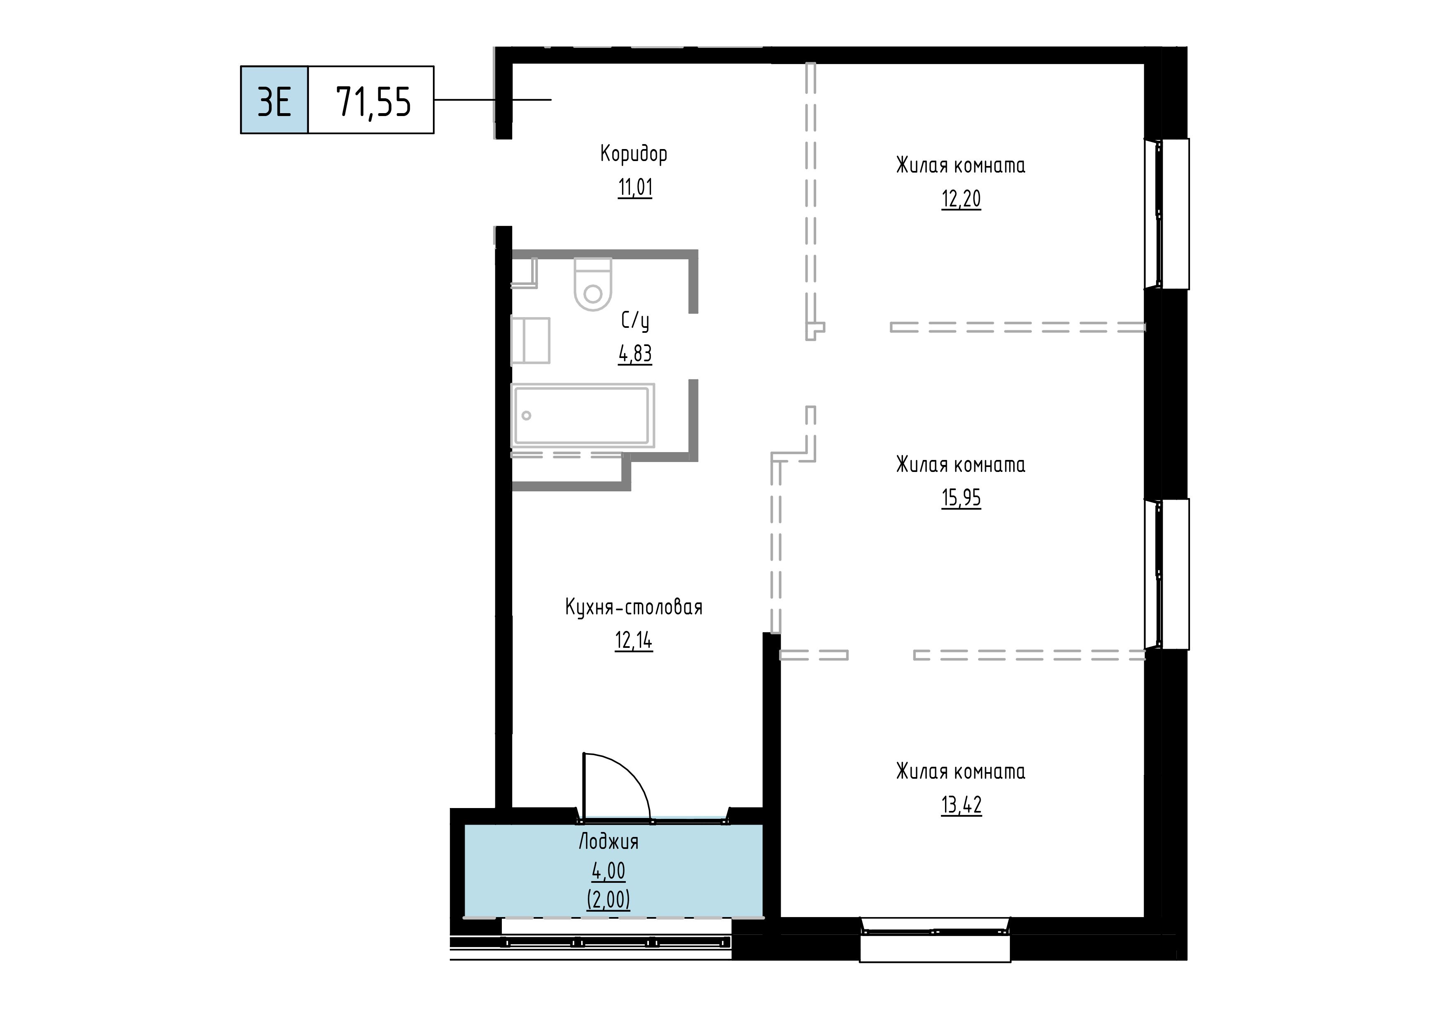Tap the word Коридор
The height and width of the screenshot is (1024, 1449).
click(x=634, y=154)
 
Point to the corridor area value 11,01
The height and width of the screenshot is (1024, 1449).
click(x=635, y=187)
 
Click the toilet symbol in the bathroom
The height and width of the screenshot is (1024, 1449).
click(x=593, y=284)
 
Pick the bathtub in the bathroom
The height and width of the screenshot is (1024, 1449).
click(x=582, y=415)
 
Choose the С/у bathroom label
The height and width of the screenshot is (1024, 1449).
click(x=635, y=321)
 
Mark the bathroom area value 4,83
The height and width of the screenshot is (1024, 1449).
click(x=635, y=354)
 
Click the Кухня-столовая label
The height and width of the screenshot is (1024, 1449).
click(x=634, y=607)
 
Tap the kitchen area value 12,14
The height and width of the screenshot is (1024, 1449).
click(x=634, y=640)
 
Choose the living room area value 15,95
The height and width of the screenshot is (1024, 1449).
click(x=961, y=498)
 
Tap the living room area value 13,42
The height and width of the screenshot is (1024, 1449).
click(x=961, y=805)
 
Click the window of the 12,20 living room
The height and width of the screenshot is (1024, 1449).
click(x=1167, y=214)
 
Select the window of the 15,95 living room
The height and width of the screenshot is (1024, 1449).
click(x=1167, y=574)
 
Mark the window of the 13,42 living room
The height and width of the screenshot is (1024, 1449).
click(x=935, y=939)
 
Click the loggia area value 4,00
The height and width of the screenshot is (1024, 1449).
click(x=608, y=871)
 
